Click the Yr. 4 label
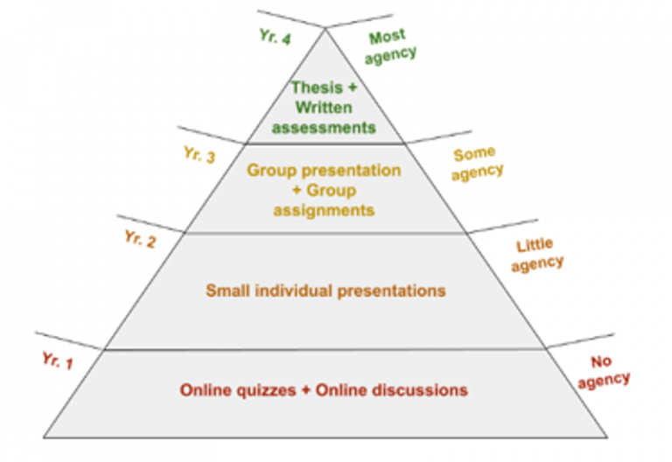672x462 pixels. [275, 37]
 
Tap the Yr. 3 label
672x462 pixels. [199, 155]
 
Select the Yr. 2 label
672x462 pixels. [140, 239]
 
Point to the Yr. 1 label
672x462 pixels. [58, 360]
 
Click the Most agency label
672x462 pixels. [390, 46]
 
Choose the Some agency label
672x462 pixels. [477, 164]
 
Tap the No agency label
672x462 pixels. [604, 373]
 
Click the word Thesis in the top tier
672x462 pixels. [317, 87]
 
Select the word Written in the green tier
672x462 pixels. [324, 107]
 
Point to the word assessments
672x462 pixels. [324, 128]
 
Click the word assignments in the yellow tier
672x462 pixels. [324, 210]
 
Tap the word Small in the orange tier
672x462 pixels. [228, 290]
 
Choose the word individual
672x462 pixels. [294, 290]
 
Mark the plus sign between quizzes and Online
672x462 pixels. [305, 390]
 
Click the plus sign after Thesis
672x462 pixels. [352, 87]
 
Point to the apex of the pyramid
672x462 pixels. [325, 28]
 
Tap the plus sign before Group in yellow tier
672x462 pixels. [297, 190]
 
